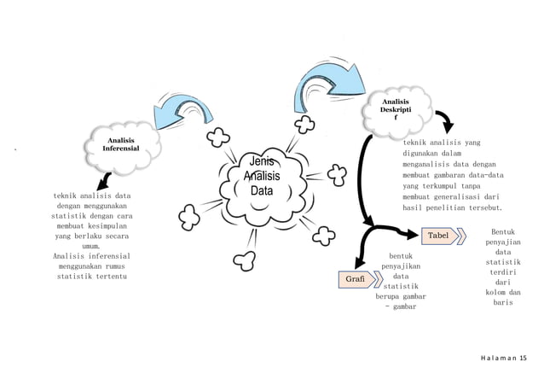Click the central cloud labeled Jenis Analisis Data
point(260,177)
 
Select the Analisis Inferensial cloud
point(120,143)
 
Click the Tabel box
point(437,235)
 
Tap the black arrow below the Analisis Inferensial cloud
point(103,179)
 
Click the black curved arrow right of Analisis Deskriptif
point(445,120)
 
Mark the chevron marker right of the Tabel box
point(461,235)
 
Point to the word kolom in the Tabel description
point(495,292)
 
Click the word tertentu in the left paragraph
point(110,277)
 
